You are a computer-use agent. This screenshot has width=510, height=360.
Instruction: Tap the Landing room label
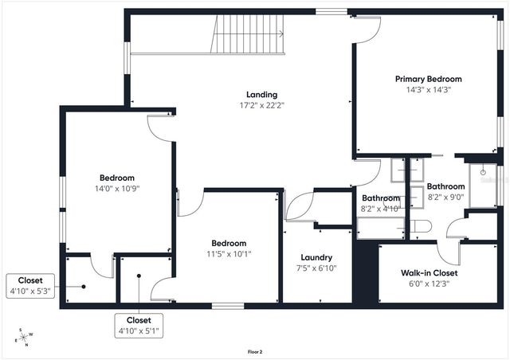[x=262, y=95]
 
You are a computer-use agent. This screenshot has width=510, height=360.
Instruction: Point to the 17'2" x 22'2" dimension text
[x=262, y=105]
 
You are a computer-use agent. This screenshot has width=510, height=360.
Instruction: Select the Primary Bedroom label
[x=429, y=79]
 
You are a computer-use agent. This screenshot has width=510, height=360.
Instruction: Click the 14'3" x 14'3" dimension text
[x=429, y=90]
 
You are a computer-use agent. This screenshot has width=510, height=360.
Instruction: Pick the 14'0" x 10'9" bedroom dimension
[x=116, y=189]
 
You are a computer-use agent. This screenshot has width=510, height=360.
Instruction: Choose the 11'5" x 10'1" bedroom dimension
[x=229, y=254]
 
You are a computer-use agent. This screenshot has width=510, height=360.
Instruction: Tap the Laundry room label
[x=316, y=257]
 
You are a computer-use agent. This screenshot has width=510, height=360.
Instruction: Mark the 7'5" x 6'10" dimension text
[x=316, y=268]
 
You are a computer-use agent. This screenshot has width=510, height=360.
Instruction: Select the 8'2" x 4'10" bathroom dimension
[x=381, y=209]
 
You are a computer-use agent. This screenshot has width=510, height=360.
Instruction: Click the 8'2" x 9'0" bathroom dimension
[x=446, y=198]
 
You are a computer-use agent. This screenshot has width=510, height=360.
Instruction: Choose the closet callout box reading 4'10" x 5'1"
[x=139, y=325]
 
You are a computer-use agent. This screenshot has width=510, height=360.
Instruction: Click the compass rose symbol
[x=24, y=338]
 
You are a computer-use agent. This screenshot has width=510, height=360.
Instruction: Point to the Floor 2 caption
[x=255, y=350]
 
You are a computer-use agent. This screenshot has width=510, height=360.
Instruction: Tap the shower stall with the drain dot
[x=483, y=186]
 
